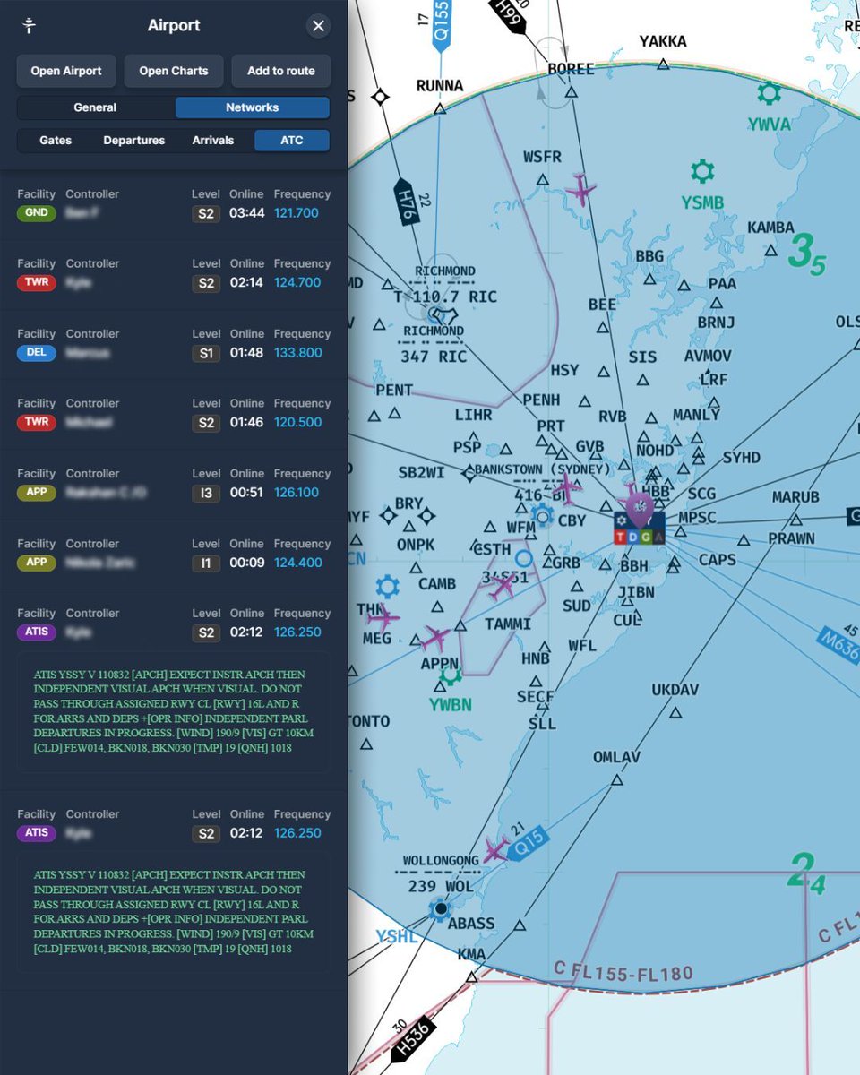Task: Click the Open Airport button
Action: (x=66, y=71)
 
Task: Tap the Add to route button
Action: (x=281, y=71)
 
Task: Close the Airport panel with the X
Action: (x=318, y=26)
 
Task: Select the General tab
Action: (x=95, y=107)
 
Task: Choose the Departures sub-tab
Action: (x=133, y=141)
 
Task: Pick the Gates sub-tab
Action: (x=56, y=141)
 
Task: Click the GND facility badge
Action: (x=36, y=213)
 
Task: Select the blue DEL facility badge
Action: (x=36, y=353)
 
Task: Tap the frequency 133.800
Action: (x=297, y=353)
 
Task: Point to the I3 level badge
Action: (x=206, y=493)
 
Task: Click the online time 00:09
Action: (x=246, y=563)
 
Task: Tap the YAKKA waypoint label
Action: (x=663, y=41)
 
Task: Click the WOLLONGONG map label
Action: (x=441, y=861)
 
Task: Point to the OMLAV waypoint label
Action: (x=616, y=758)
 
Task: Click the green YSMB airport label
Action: (x=701, y=202)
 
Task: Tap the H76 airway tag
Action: (x=405, y=200)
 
